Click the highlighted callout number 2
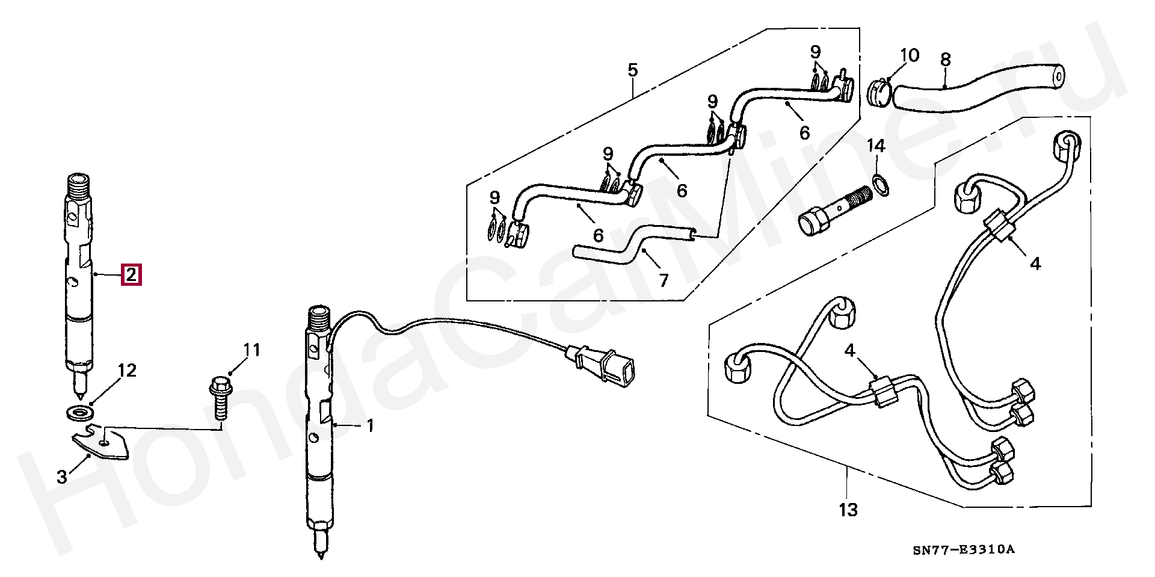131,274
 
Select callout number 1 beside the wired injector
370,426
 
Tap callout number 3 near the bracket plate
62,478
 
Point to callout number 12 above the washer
127,371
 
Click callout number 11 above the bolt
251,350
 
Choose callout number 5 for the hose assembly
632,70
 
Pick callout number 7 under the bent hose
664,280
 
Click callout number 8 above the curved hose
945,60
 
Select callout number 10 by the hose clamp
910,56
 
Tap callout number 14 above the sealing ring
876,146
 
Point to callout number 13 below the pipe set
848,510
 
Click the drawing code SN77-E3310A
963,550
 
